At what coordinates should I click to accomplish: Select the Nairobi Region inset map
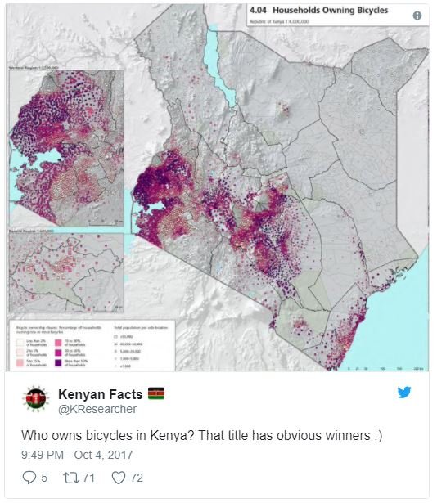pos(65,274)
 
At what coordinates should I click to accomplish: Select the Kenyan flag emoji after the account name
pos(157,394)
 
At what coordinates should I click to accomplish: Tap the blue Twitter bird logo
pos(404,393)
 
